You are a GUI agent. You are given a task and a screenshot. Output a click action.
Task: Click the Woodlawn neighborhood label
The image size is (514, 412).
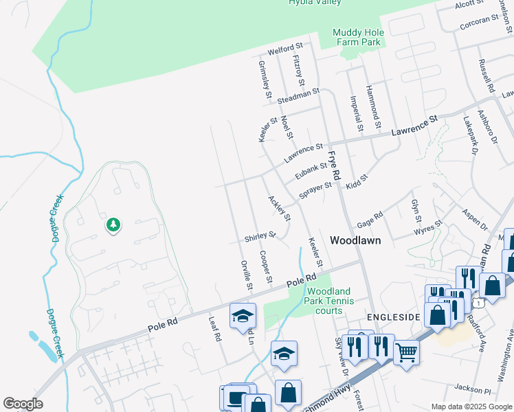355,241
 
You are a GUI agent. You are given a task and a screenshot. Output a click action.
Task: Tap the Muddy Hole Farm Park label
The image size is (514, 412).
357,37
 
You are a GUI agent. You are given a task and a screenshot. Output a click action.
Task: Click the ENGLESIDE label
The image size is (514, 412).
393,317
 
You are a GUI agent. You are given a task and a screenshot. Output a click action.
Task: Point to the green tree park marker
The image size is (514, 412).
113,225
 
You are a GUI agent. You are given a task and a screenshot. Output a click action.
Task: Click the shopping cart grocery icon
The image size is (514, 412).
406,353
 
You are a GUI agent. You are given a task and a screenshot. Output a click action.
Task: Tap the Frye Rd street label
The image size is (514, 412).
334,166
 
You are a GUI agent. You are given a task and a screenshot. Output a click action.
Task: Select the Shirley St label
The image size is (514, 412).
260,237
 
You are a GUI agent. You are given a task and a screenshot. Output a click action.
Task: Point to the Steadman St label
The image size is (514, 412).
298,96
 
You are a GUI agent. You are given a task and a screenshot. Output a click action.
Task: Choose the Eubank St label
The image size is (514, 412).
311,170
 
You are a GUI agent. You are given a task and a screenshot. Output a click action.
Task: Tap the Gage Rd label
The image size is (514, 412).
369,222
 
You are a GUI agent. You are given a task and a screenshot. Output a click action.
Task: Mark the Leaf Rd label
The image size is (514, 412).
216,328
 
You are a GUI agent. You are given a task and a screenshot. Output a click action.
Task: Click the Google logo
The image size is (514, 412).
23,404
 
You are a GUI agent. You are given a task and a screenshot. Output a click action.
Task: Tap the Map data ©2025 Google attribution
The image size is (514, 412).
471,407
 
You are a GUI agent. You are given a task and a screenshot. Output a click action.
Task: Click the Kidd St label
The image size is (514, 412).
357,181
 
